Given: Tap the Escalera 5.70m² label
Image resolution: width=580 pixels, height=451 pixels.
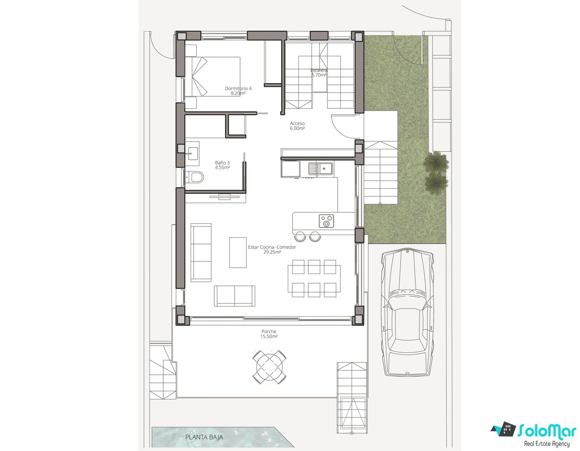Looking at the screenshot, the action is [x=319, y=73].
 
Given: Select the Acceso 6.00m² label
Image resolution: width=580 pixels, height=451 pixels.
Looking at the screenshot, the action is [x=297, y=126].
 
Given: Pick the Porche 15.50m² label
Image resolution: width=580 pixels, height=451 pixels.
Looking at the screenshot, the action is [x=269, y=334].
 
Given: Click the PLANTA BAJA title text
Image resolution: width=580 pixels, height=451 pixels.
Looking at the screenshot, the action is [x=204, y=437].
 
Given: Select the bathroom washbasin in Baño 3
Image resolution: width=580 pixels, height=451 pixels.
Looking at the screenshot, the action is [x=192, y=151].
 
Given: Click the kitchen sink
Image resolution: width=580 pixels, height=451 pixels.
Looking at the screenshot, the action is [x=320, y=168].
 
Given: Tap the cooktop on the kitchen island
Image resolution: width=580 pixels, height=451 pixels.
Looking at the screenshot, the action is [x=326, y=221].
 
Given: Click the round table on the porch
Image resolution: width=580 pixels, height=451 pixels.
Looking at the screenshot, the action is [x=269, y=367].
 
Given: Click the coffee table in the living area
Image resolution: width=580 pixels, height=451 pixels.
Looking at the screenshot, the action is [x=238, y=252].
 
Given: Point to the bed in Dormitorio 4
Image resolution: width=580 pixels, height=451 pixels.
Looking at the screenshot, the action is [x=212, y=76].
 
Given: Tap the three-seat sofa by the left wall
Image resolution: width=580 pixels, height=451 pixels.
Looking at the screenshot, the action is [x=201, y=252].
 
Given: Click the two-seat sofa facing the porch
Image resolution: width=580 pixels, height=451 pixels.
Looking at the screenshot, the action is [x=234, y=296].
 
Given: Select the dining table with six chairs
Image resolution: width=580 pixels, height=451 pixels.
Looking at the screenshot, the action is [x=314, y=278].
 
